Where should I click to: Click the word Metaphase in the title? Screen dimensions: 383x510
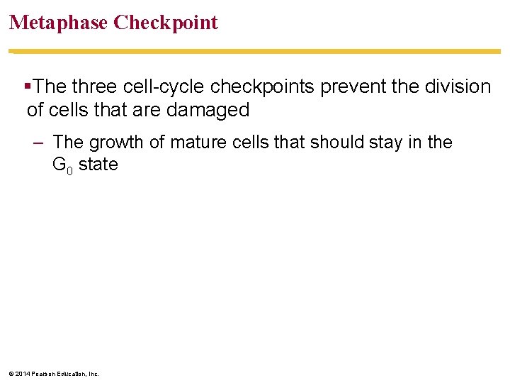[58, 23]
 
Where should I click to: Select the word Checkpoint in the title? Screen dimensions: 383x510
[166, 23]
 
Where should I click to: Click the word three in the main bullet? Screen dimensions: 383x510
[96, 87]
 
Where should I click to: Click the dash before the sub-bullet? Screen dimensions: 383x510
[38, 143]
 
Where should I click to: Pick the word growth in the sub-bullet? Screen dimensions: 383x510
[117, 143]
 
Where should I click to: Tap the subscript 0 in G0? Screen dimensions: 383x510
[70, 170]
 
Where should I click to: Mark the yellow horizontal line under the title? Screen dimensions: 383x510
[255, 51]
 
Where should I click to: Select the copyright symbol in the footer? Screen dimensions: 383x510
[8, 374]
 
